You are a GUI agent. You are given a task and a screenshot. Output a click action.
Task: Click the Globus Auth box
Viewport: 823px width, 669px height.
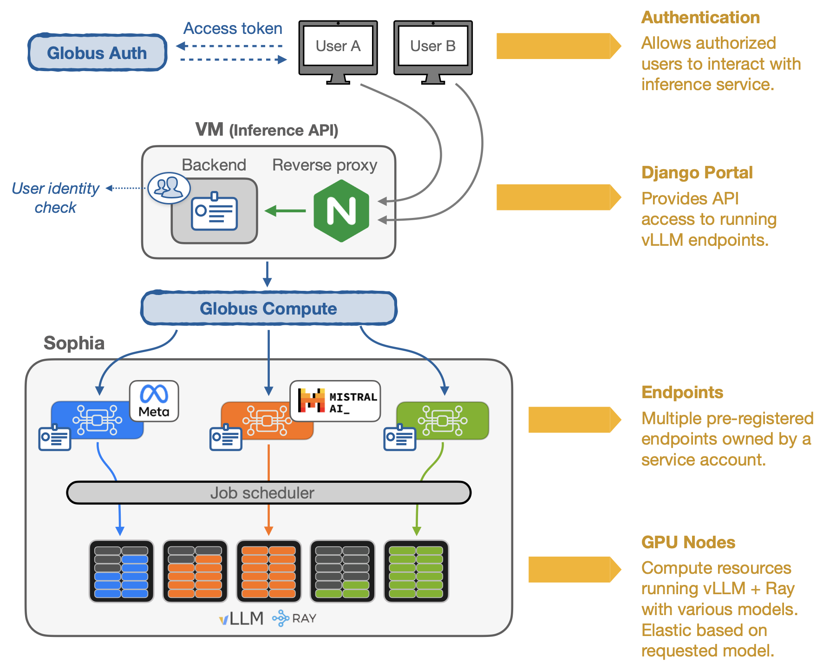(97, 52)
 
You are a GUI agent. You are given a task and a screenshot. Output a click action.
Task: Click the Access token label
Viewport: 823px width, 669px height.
(233, 28)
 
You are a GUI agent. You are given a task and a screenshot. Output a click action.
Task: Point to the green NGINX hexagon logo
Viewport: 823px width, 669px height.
(341, 211)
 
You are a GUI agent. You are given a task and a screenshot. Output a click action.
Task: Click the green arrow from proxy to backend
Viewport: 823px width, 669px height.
(285, 211)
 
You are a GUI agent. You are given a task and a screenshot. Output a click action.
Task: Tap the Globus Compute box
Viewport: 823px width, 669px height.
(268, 308)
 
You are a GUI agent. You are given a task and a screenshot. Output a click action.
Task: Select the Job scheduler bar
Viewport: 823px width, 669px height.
(268, 492)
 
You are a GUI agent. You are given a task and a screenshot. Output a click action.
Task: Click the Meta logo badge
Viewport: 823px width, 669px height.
(154, 401)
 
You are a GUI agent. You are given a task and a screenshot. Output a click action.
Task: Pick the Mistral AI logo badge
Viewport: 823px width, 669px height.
(335, 401)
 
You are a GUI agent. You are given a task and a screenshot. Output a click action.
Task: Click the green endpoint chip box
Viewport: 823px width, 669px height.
(443, 420)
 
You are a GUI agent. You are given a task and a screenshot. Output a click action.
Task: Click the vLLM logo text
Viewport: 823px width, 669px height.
(241, 618)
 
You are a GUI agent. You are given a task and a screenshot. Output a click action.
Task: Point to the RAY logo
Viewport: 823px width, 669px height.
(294, 618)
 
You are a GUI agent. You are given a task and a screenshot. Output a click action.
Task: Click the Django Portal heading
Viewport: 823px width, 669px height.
(697, 172)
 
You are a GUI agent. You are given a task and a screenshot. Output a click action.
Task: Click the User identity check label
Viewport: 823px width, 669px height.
(55, 197)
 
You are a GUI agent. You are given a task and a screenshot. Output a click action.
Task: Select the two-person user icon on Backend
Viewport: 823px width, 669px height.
(169, 188)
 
